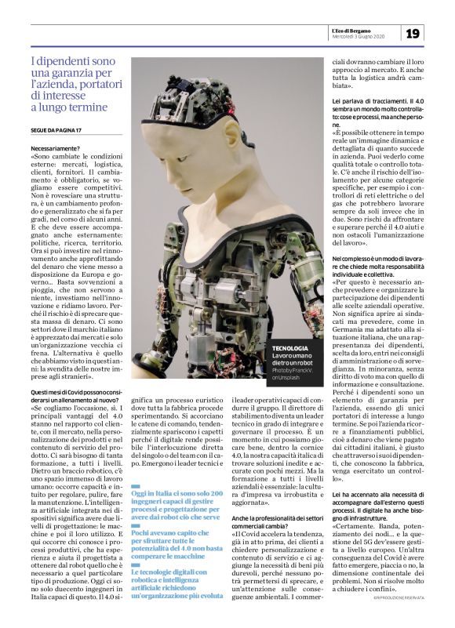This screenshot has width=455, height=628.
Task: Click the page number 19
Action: pyautogui.click(x=413, y=32)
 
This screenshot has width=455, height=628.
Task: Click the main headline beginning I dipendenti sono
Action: pyautogui.click(x=72, y=84)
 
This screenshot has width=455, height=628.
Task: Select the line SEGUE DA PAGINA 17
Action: pyautogui.click(x=60, y=129)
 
